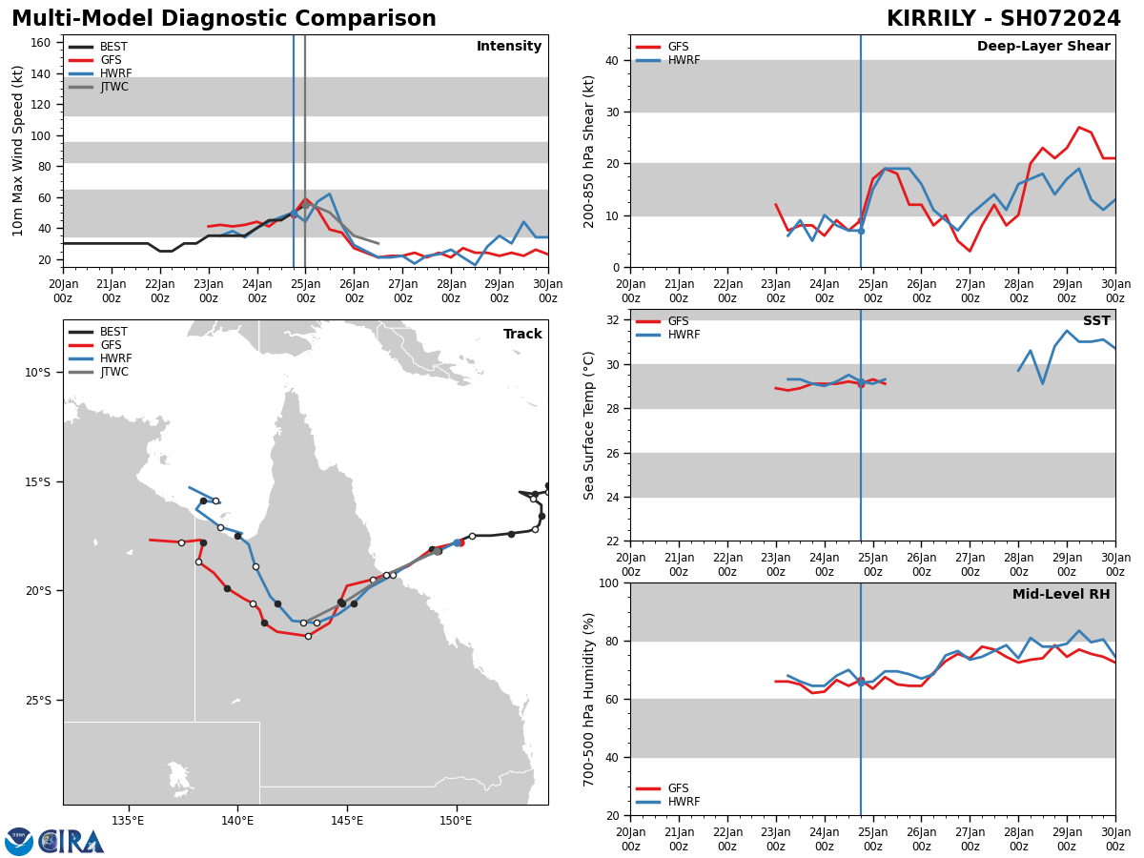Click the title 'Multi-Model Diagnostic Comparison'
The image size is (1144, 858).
[224, 19]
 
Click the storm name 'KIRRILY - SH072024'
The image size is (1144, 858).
[1003, 19]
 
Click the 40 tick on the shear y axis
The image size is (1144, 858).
[610, 61]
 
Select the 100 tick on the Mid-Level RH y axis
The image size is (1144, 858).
[606, 582]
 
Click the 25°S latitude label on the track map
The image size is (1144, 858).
[38, 701]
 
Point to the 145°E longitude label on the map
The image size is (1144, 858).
[347, 821]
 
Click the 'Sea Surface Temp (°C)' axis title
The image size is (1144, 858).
[590, 425]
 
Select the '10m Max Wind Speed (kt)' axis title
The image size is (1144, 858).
[19, 151]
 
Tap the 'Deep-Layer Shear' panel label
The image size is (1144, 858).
[1043, 47]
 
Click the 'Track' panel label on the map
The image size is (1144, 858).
[522, 335]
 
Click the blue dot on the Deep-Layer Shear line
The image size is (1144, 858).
[861, 231]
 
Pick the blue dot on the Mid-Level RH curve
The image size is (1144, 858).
[861, 683]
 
